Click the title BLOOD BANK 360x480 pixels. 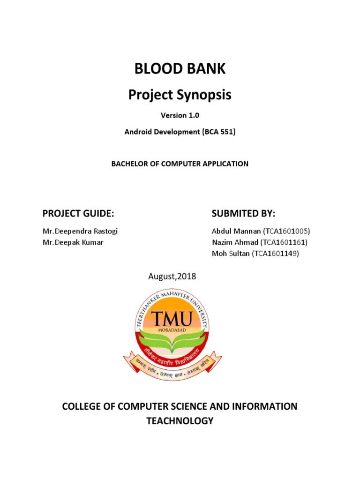(180, 69)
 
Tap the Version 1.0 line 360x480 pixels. (180, 115)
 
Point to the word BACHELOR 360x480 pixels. (128, 164)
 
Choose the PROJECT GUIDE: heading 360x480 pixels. (78, 214)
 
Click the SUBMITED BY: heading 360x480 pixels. (243, 214)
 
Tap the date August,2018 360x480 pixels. (172, 277)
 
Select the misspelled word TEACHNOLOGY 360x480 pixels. (180, 421)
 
